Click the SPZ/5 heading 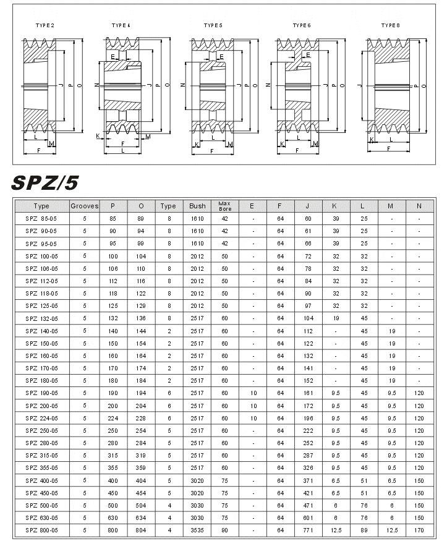point(45,182)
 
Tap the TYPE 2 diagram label point(45,25)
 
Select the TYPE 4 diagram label point(121,25)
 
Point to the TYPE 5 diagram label point(213,25)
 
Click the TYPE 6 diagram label point(302,25)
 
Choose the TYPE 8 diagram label point(390,25)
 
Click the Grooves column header point(85,206)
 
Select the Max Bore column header point(224,206)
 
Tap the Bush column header point(197,206)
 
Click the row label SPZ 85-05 point(41,219)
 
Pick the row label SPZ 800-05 point(41,530)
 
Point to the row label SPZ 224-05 point(41,418)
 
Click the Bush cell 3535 point(197,530)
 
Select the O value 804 point(142,530)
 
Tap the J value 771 point(308,530)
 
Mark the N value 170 point(419,530)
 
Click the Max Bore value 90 point(224,530)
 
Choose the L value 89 point(364,530)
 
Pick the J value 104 point(308,318)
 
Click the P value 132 point(113,318)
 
